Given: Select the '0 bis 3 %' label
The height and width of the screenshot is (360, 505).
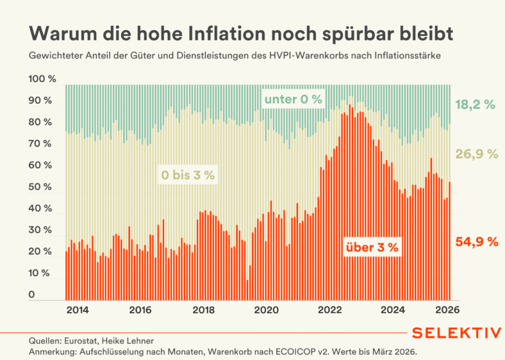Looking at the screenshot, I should tap(187, 175).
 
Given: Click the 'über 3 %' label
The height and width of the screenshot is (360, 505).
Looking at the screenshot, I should tap(372, 247).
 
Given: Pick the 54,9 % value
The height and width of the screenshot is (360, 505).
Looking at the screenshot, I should tap(476, 241).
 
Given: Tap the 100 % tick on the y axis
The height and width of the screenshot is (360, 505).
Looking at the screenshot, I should tap(43, 79).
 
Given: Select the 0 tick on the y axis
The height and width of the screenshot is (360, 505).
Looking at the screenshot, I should tap(32, 295).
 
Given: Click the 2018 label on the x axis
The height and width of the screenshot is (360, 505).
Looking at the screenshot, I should tap(204, 311).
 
